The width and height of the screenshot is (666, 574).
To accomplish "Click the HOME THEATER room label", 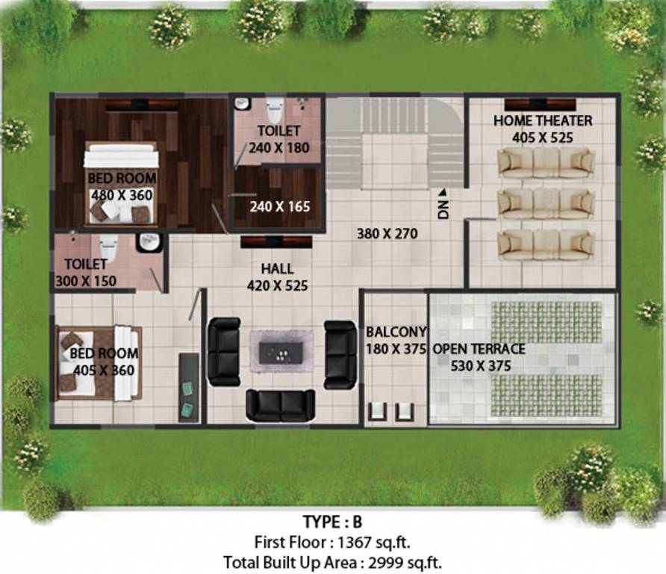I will pos(543,120).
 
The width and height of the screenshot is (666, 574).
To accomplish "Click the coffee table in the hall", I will pos(281,351).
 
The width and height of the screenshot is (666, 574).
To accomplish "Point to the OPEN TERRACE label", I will pos(479,349).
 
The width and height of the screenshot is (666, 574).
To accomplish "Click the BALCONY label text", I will pos(396,331).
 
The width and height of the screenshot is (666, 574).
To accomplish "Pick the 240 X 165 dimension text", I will pos(279,206).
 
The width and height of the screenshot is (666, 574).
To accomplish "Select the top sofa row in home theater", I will pos(545,162).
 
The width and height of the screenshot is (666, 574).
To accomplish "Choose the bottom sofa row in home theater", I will pos(545,244).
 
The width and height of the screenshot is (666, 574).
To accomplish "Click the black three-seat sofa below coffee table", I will pos(280,405).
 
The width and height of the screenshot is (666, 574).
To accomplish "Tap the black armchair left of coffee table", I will pos(224,351).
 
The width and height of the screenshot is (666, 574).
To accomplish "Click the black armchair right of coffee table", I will pos(340,354).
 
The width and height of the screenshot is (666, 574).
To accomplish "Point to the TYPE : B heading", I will pos(332,522).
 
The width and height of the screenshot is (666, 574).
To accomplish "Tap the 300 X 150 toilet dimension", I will pos(86,280).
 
